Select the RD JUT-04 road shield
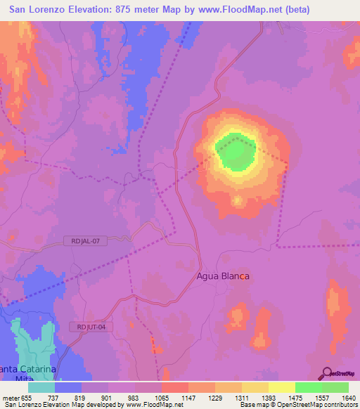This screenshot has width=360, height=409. [91, 327]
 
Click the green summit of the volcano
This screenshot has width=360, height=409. [235, 152]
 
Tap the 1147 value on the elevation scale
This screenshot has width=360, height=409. [188, 397]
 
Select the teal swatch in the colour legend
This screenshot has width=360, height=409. [41, 387]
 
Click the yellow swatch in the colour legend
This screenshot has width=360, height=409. [282, 387]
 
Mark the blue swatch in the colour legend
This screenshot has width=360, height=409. [68, 387]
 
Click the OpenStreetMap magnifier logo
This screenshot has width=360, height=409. [326, 373]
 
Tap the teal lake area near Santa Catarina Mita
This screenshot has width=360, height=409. [32, 348]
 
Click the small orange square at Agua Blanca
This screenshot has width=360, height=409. [242, 276]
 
